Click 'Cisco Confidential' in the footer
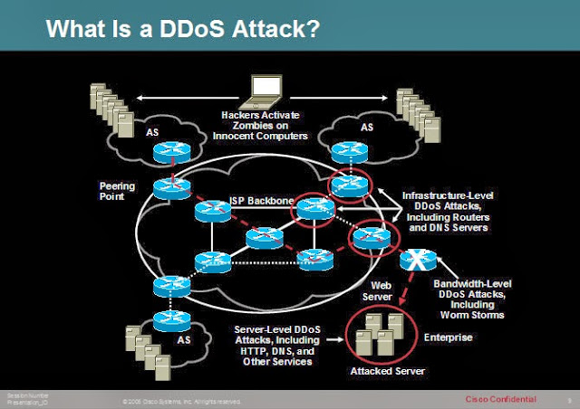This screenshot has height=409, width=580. [500, 398]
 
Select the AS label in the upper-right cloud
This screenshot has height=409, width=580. [367, 128]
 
